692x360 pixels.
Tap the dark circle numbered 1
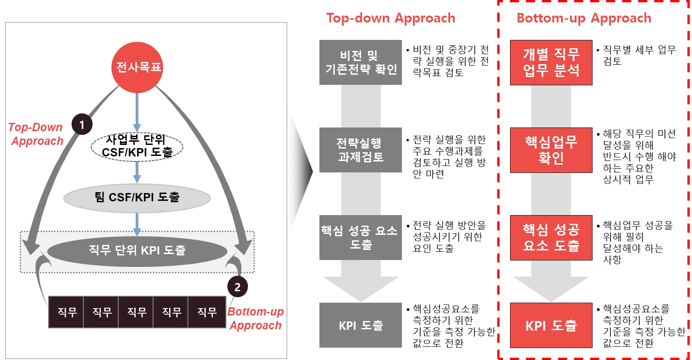point(82,124)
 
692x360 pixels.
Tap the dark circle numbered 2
point(237,288)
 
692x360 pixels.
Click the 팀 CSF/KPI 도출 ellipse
point(137,198)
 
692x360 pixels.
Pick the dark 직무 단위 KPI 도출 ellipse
point(137,250)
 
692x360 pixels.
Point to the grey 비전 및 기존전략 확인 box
point(361,62)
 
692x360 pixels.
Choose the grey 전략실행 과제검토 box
point(361,149)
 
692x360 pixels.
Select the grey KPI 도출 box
point(361,325)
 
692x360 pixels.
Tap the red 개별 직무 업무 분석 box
point(551,62)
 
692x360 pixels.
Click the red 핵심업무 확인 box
point(551,150)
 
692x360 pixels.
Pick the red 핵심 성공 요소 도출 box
point(551,238)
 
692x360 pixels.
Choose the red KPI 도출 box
point(551,326)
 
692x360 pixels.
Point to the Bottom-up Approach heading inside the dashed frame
point(584,18)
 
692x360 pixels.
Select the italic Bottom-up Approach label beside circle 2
point(256,319)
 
